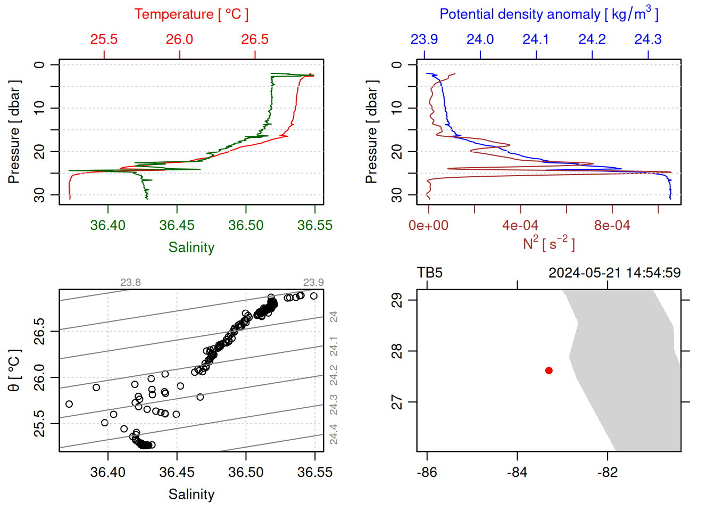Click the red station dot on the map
point(549,370)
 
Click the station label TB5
point(430,273)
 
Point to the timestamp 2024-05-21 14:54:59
point(614,273)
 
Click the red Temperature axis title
point(192,14)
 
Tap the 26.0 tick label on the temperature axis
point(179,39)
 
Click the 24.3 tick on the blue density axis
point(648,39)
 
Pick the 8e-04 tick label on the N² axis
point(612,226)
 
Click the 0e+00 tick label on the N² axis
point(428,226)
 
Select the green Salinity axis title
point(192,248)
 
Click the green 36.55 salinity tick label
point(314,226)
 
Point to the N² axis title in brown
point(549,243)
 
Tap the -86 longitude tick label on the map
point(427,473)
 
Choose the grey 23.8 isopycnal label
point(130,283)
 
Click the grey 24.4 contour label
point(334,434)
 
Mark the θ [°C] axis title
point(14,370)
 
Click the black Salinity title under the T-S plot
point(192,494)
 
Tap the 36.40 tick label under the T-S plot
point(108,473)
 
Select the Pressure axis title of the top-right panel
point(372,132)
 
